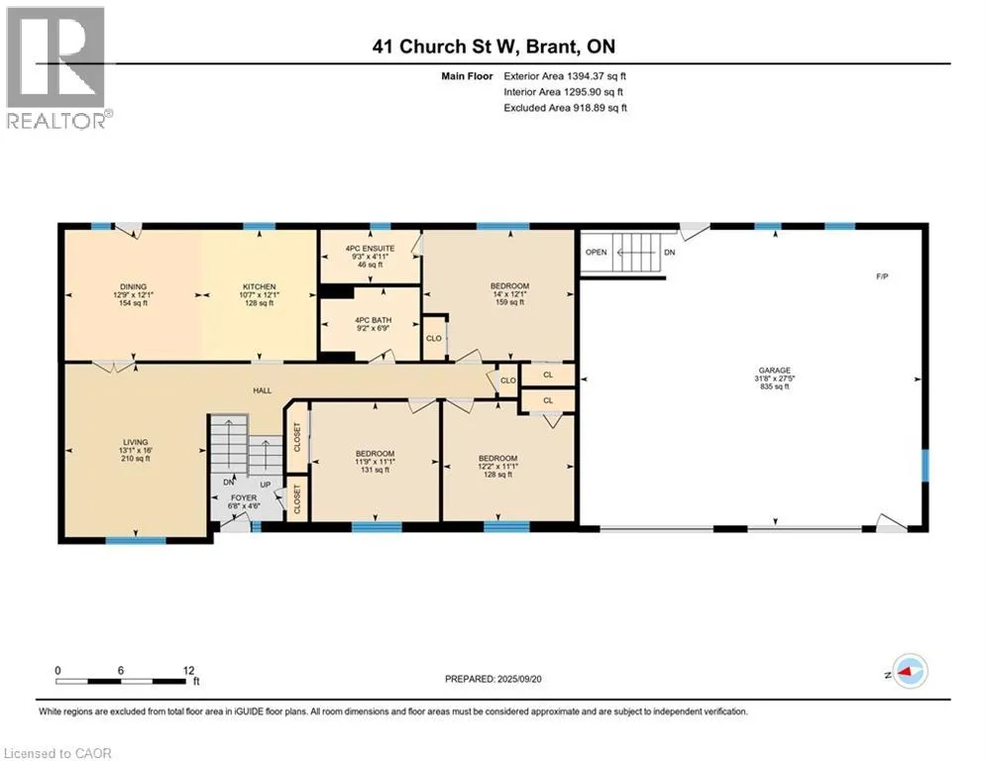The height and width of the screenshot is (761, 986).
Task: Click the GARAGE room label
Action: pyautogui.click(x=774, y=371)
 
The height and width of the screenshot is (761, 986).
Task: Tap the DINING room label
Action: pyautogui.click(x=134, y=286)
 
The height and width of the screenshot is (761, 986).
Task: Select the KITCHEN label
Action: pyautogui.click(x=259, y=286)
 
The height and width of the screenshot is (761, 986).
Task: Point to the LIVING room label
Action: pyautogui.click(x=135, y=442)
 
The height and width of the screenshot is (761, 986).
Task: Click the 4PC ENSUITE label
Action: pyautogui.click(x=371, y=249)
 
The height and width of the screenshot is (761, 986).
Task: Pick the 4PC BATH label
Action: pyautogui.click(x=373, y=320)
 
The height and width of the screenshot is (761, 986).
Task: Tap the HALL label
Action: pyautogui.click(x=263, y=390)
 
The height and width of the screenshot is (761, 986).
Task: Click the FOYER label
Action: pyautogui.click(x=244, y=497)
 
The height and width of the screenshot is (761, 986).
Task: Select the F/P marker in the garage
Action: pyautogui.click(x=882, y=276)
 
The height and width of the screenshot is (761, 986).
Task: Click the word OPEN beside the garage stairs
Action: pyautogui.click(x=597, y=253)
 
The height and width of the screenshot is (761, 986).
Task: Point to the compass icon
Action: pyautogui.click(x=911, y=671)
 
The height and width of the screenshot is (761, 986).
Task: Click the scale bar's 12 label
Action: pyautogui.click(x=188, y=671)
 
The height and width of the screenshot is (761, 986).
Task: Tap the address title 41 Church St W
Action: pyautogui.click(x=445, y=47)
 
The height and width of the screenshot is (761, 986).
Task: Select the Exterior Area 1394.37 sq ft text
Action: pyautogui.click(x=565, y=76)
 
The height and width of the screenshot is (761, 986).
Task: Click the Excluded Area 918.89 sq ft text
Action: pyautogui.click(x=565, y=108)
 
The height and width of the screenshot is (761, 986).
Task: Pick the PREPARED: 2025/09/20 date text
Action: pyautogui.click(x=493, y=679)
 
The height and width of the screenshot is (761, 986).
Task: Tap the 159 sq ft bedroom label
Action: pyautogui.click(x=509, y=302)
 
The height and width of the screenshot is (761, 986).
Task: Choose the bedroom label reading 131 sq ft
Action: pyautogui.click(x=375, y=470)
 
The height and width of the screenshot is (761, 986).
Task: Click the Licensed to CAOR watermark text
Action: pyautogui.click(x=57, y=753)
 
